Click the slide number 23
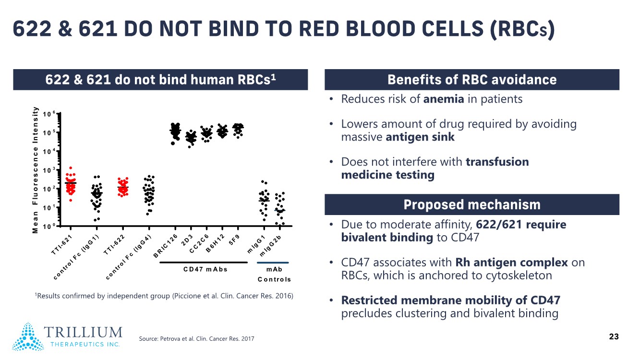614,337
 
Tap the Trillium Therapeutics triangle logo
28,336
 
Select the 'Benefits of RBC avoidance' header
472,80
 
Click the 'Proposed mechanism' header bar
472,205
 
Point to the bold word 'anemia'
444,99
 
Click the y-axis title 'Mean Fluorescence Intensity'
35,170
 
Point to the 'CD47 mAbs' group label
205,269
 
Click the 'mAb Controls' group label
274,274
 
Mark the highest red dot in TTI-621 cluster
71,168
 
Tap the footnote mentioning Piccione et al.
164,296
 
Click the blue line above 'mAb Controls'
273,263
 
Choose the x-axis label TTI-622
115,244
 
